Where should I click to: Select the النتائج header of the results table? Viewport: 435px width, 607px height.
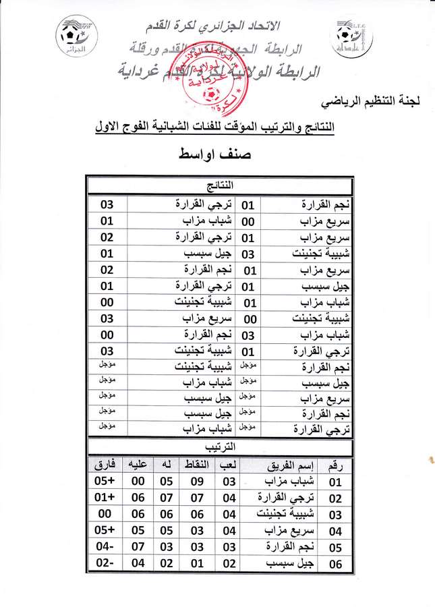220,183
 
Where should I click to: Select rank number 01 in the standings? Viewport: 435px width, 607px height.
335,482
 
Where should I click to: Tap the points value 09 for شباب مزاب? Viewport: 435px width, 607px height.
196,482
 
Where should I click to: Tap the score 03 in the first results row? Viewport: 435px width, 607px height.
107,204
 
